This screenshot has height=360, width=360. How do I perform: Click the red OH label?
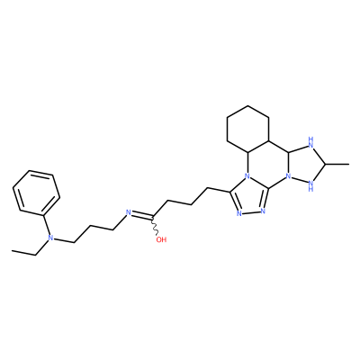pos(161,239)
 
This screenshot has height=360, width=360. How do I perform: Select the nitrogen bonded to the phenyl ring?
pos(50,238)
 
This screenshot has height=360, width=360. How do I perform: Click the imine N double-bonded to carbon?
pos(128,212)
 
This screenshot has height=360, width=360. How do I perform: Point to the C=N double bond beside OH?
pos(141,215)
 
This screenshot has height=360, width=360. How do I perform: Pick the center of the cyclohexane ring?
pos(247,129)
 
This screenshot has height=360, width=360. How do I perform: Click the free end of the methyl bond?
pos(349,164)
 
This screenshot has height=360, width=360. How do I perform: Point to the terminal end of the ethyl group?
pos(13,250)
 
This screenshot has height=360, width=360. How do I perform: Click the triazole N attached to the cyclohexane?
pos(247,175)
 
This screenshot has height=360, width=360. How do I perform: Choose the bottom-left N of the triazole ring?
pos(239,213)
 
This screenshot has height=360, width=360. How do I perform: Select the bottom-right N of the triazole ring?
pos(263,211)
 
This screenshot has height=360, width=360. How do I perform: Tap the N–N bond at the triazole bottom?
pos(251,212)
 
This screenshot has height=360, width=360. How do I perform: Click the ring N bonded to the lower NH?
pos(289,175)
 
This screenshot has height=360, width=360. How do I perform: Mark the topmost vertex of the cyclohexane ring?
pos(247,105)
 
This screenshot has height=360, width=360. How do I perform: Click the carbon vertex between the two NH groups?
pos(325,164)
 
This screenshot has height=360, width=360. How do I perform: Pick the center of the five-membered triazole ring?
pos(250,195)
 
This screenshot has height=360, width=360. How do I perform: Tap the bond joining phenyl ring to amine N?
pos(48,225)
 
